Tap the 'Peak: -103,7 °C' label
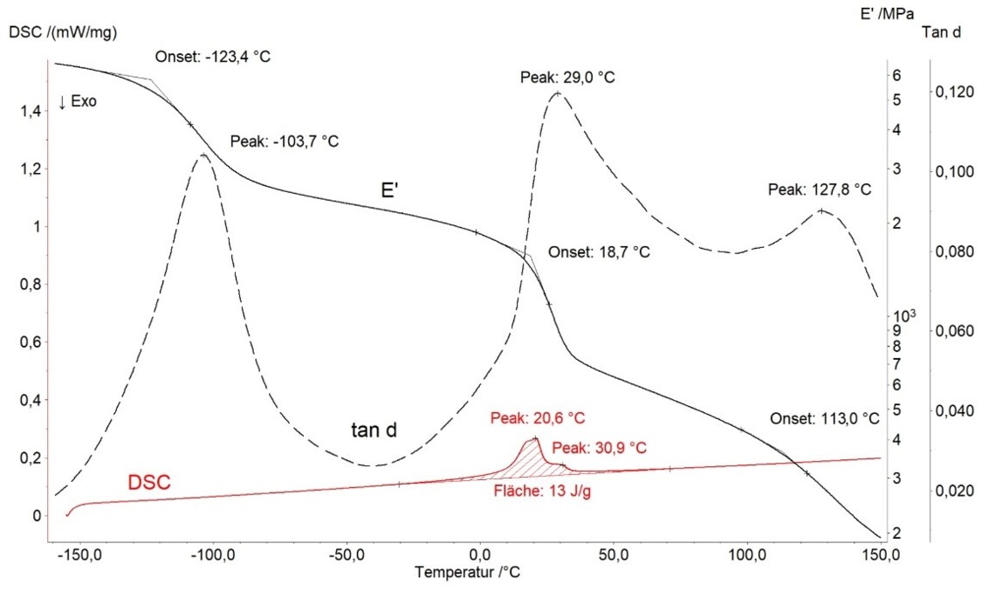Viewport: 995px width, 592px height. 284,141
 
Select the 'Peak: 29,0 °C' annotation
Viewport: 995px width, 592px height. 568,78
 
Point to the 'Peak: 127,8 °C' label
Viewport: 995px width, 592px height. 820,189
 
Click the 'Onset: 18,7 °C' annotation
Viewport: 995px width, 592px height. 599,252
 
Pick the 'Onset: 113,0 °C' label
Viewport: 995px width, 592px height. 824,418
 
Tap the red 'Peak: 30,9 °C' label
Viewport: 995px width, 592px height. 600,447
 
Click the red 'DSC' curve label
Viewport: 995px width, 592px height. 150,482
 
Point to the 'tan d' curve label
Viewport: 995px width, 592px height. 375,429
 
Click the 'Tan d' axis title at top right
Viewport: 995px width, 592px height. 942,32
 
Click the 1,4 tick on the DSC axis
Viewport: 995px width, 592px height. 30,112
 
